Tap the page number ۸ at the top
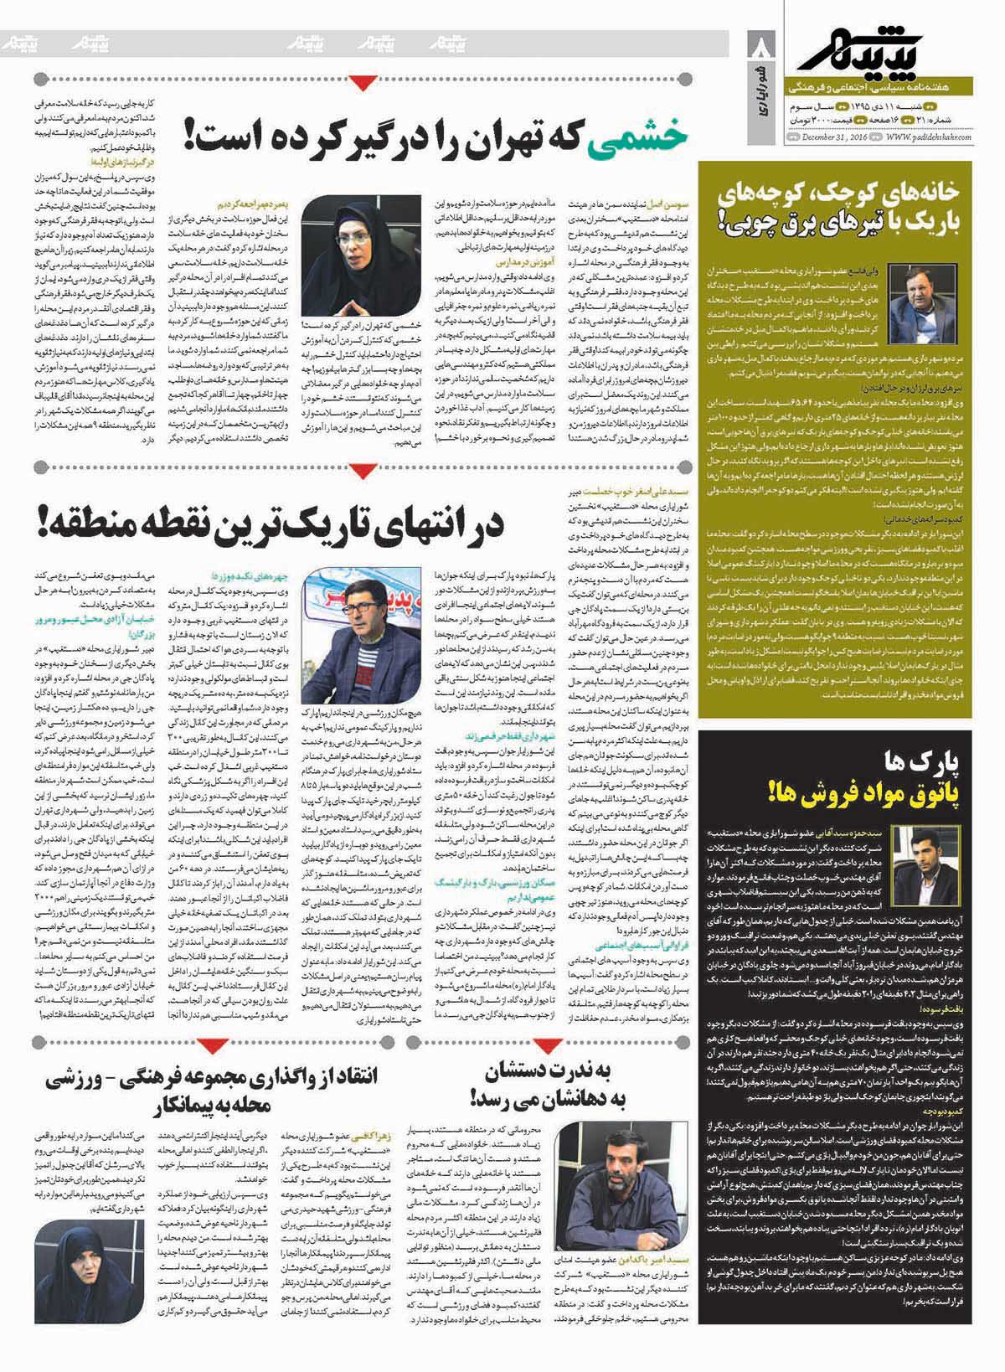pos(760,43)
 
